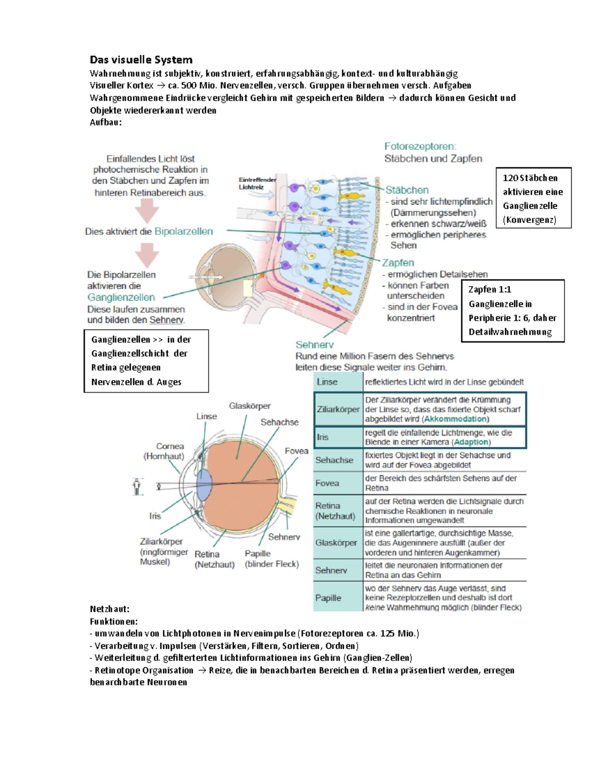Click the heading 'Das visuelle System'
141,60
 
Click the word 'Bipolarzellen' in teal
184,231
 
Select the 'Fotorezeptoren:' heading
420,146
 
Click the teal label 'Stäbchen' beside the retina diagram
407,190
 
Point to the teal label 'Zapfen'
398,263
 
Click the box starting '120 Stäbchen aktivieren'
533,198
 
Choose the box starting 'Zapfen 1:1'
513,311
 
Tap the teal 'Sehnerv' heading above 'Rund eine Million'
314,345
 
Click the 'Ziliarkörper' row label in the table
338,409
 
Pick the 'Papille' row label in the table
328,598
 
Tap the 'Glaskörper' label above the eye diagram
250,406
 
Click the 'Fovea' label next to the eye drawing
296,451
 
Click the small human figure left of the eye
137,487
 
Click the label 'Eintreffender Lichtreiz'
257,183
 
